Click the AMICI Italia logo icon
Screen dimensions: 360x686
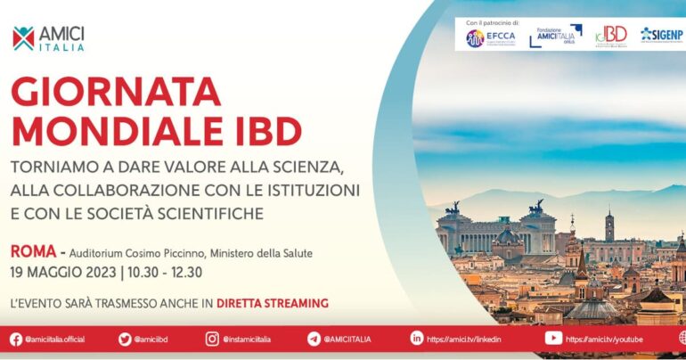(x=23, y=38)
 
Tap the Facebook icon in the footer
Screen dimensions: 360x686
(x=15, y=339)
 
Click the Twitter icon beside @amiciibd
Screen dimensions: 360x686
(x=125, y=339)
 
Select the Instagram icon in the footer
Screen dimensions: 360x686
(x=212, y=339)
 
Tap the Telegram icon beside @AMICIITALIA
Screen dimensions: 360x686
(x=314, y=339)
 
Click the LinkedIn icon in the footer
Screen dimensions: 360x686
(x=416, y=339)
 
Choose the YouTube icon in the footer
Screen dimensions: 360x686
(x=553, y=339)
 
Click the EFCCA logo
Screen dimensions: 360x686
(x=487, y=37)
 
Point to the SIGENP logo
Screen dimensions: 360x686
(x=661, y=34)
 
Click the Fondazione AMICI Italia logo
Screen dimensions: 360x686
(x=554, y=36)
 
